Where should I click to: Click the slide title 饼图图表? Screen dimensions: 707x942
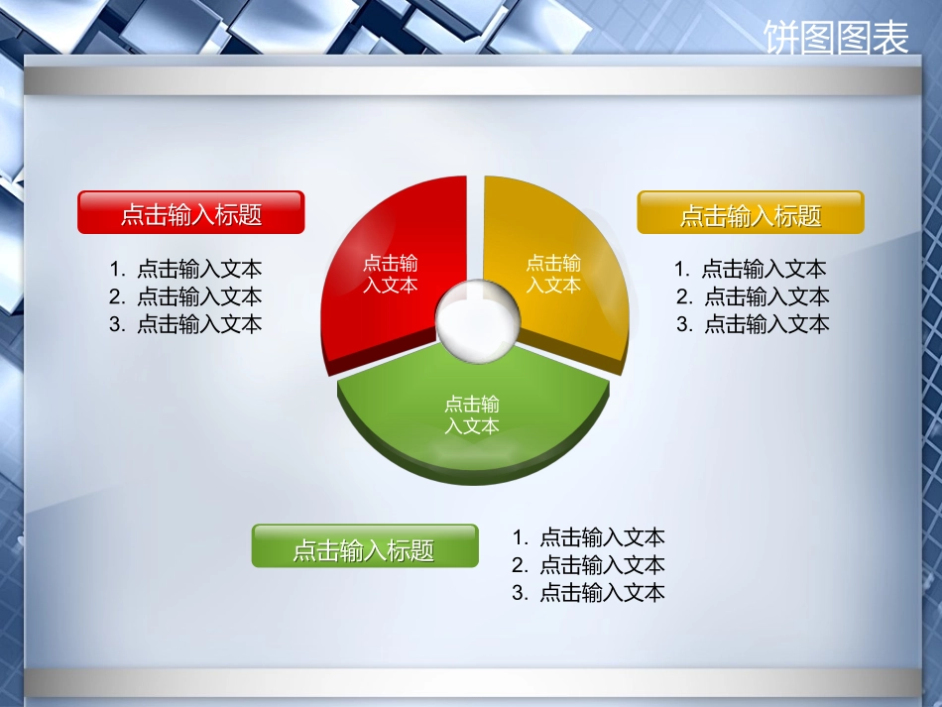click(x=836, y=39)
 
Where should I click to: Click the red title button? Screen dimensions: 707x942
click(x=191, y=212)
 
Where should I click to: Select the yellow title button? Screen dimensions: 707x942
click(x=751, y=213)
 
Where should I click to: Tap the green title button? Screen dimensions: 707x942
click(x=365, y=546)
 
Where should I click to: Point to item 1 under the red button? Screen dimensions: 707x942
click(x=186, y=269)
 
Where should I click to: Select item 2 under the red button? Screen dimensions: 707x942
click(x=186, y=296)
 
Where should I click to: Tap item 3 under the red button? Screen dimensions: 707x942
click(x=186, y=324)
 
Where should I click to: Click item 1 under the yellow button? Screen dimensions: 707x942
click(x=751, y=269)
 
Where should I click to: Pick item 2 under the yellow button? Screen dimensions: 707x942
click(x=753, y=296)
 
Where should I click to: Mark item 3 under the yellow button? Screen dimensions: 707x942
click(x=753, y=324)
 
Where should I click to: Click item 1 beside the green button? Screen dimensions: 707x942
click(x=589, y=538)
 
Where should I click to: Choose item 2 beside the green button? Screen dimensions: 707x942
click(x=589, y=566)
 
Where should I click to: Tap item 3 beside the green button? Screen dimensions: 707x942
click(x=589, y=594)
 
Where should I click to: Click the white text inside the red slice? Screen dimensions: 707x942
click(x=391, y=275)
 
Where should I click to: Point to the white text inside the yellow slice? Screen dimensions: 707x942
click(x=553, y=275)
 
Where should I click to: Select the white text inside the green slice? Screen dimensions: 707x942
click(x=472, y=415)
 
